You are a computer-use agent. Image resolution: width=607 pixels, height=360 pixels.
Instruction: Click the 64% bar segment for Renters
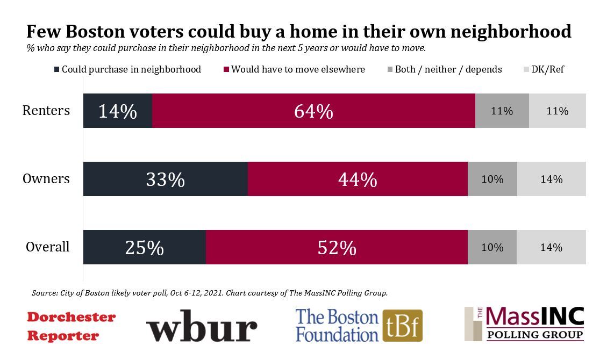pyautogui.click(x=313, y=111)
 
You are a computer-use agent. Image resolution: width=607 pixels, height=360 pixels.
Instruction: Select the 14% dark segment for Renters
pyautogui.click(x=118, y=111)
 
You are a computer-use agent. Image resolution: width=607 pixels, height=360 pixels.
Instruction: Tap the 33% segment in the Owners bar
pyautogui.click(x=166, y=179)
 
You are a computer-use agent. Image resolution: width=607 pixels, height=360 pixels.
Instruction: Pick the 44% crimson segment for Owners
pyautogui.click(x=358, y=179)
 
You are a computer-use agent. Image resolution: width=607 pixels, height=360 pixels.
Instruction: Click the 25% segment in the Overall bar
pyautogui.click(x=144, y=247)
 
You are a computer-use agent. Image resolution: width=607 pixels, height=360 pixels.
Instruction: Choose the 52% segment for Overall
pyautogui.click(x=337, y=247)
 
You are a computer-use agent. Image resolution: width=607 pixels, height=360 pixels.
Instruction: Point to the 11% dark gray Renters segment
pyautogui.click(x=502, y=111)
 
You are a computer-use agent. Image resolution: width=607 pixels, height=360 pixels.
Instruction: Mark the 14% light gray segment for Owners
pyautogui.click(x=551, y=179)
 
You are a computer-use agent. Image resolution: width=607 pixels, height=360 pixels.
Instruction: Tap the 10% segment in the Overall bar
pyautogui.click(x=492, y=247)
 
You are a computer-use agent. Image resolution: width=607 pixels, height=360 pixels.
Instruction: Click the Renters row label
pyautogui.click(x=46, y=111)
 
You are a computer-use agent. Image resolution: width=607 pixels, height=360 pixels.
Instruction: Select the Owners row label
pyautogui.click(x=46, y=179)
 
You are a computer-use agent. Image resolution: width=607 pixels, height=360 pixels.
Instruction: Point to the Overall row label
pyautogui.click(x=47, y=247)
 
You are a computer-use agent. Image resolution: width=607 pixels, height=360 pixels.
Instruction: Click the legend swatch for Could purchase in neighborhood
pyautogui.click(x=56, y=70)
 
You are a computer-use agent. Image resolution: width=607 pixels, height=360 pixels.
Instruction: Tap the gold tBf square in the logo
pyautogui.click(x=402, y=326)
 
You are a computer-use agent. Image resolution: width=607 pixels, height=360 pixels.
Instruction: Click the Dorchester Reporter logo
pyautogui.click(x=71, y=326)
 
